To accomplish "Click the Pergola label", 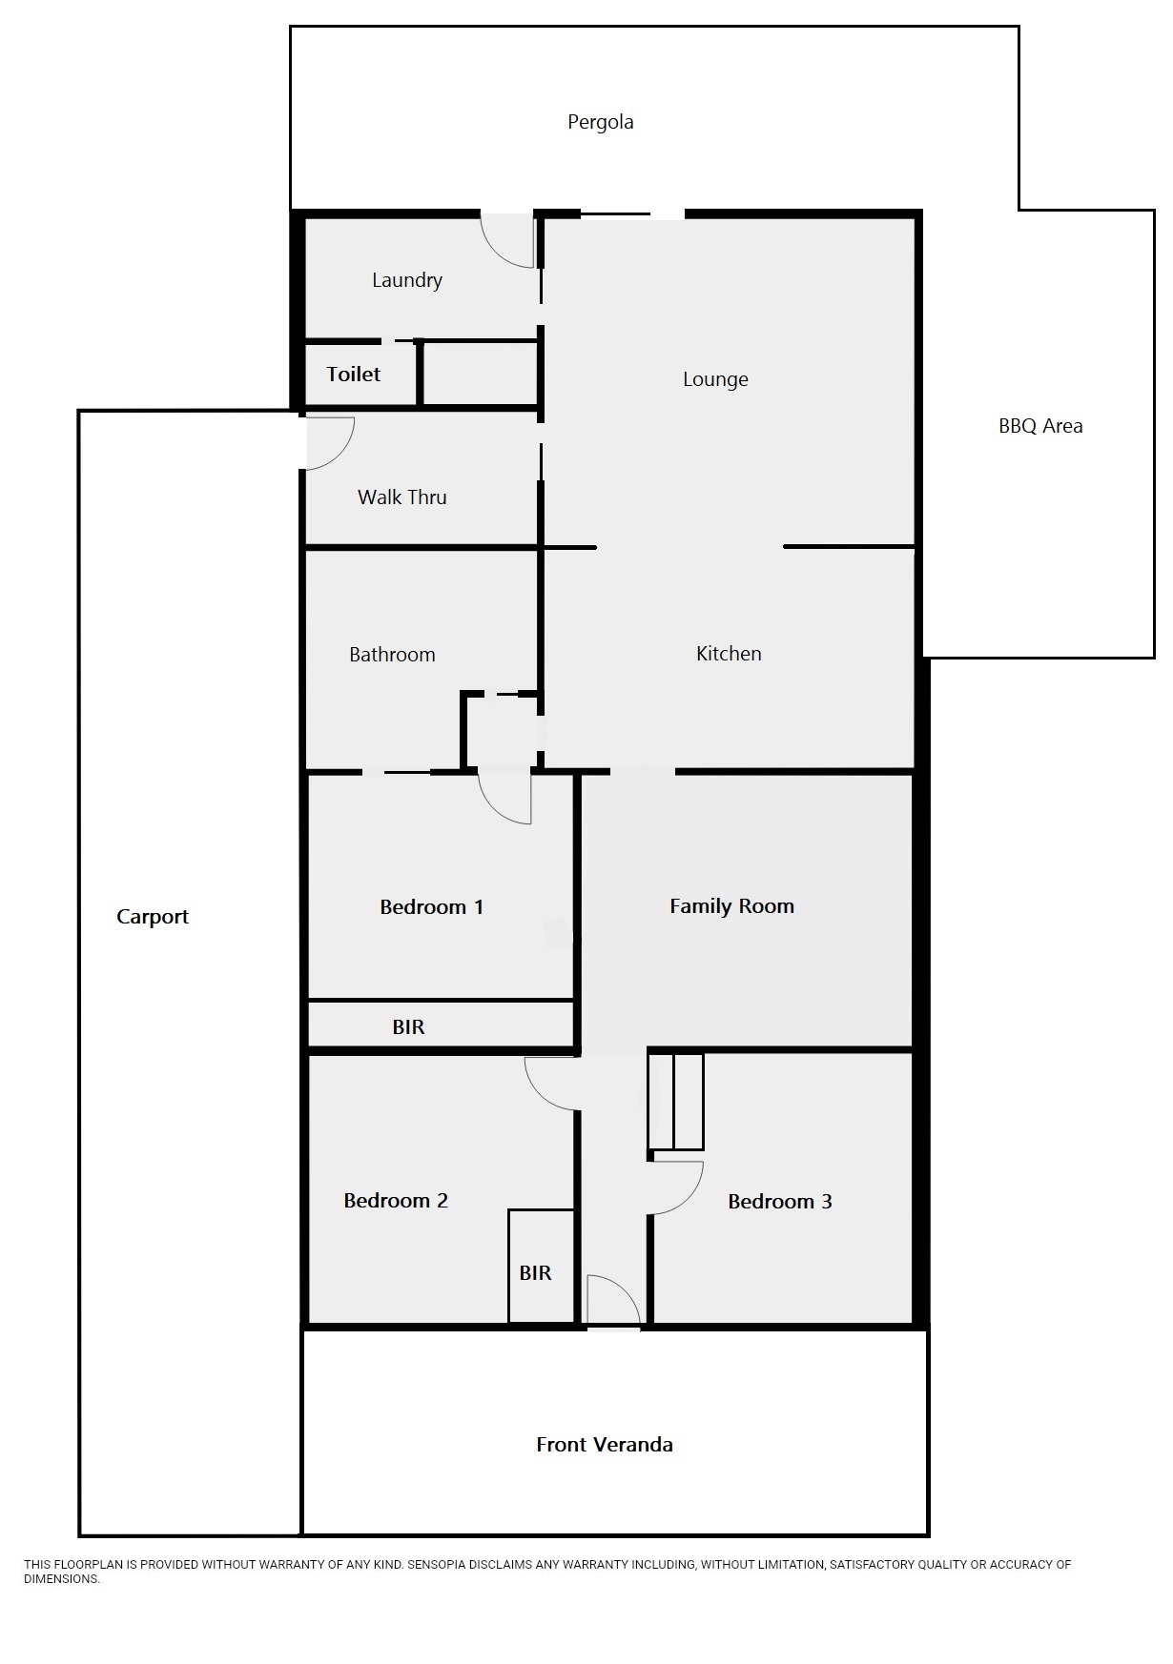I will (x=600, y=122).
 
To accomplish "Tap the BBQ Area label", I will (x=1040, y=426).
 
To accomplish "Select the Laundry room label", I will (x=407, y=280).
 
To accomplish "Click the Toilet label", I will (x=354, y=375).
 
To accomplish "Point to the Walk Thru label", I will (x=401, y=497).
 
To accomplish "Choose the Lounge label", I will (x=715, y=379).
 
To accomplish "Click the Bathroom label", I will (x=392, y=655).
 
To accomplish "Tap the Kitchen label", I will (x=729, y=654).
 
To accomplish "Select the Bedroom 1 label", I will (x=431, y=907).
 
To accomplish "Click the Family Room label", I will (x=731, y=906).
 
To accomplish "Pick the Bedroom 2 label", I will (x=396, y=1201).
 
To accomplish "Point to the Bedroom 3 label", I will (x=779, y=1202).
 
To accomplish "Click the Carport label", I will (x=153, y=917).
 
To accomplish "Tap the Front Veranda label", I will (x=605, y=1445).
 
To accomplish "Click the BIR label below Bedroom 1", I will (x=408, y=1027).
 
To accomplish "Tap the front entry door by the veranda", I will (x=612, y=1301).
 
